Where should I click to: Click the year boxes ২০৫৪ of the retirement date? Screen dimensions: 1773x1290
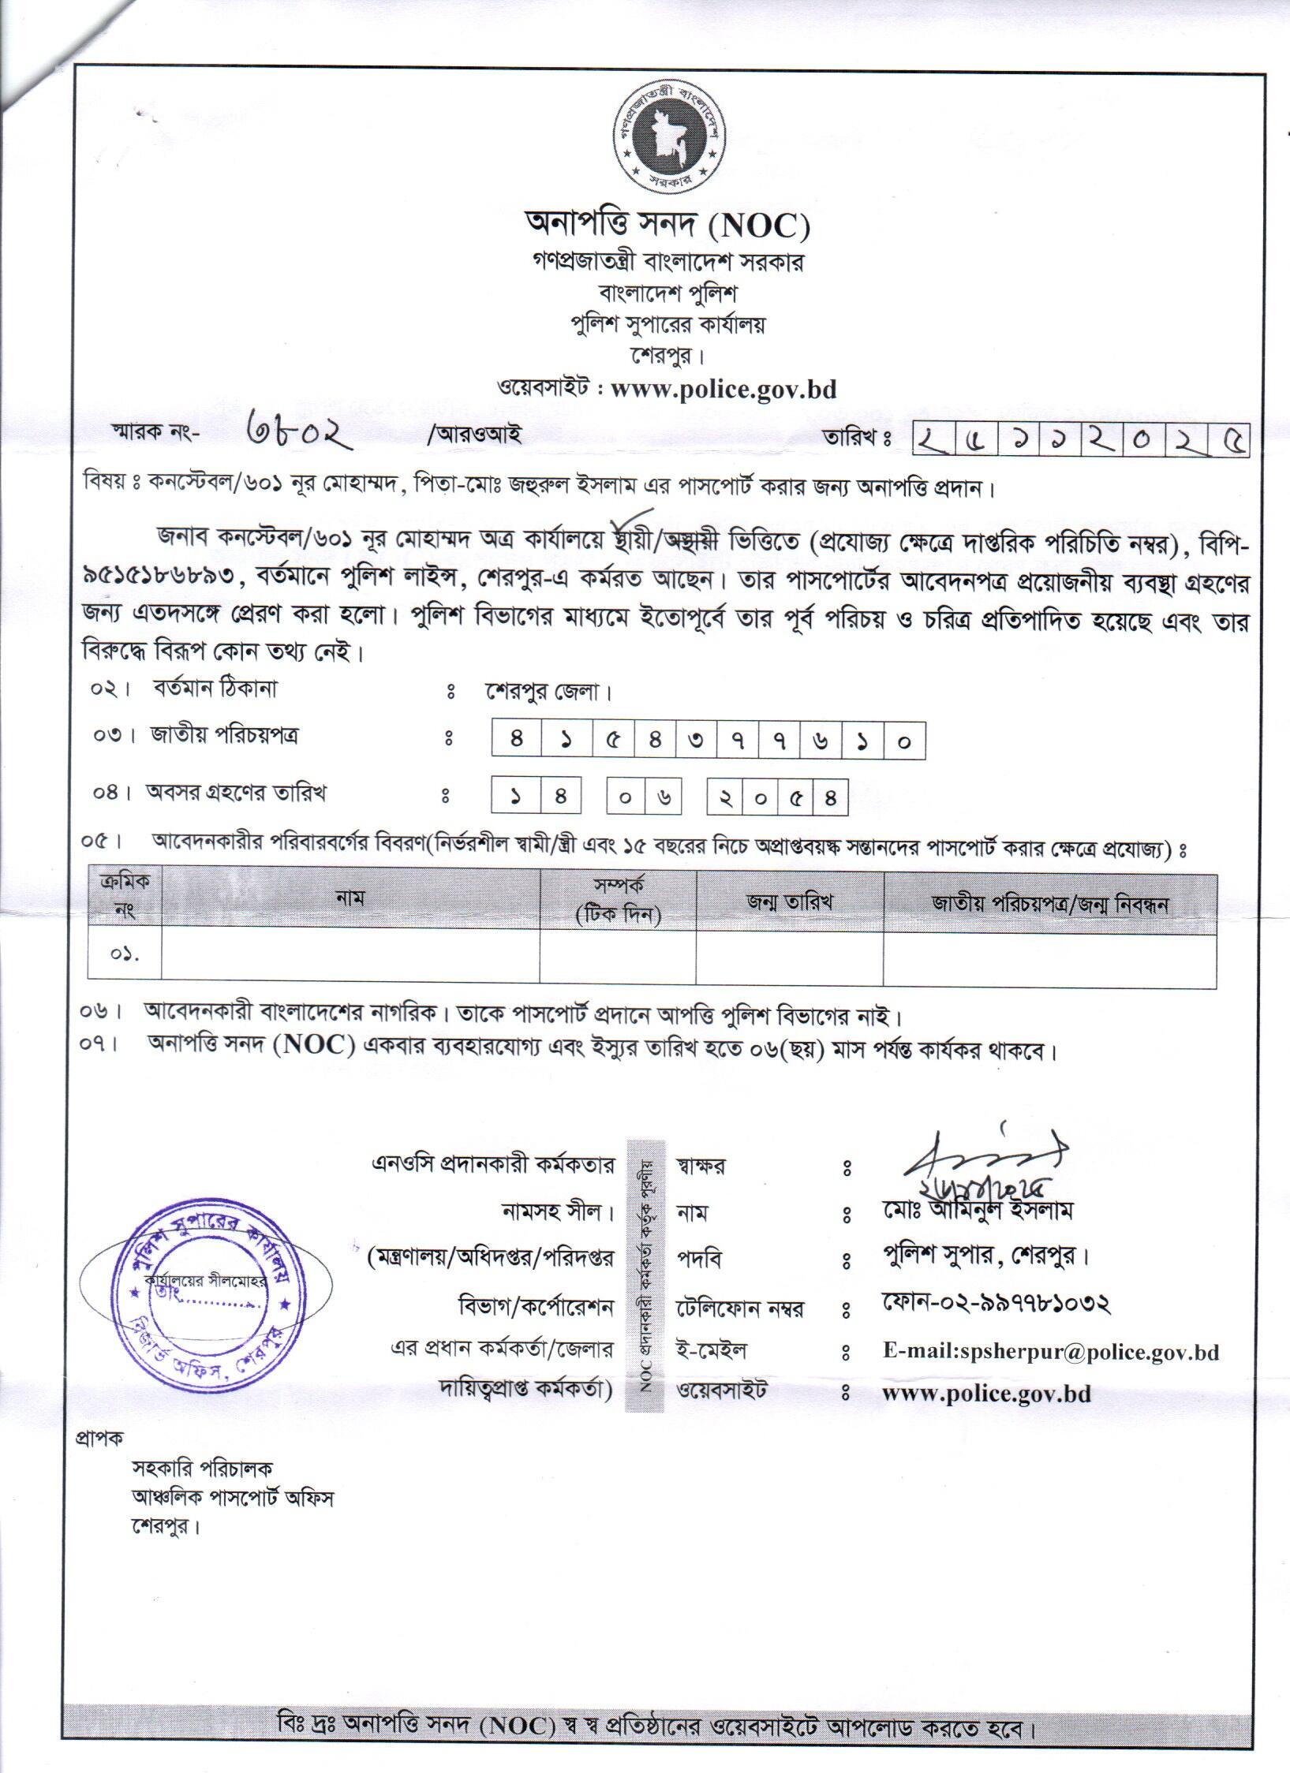click(x=777, y=796)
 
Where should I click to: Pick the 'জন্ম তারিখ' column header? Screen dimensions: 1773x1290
click(x=790, y=902)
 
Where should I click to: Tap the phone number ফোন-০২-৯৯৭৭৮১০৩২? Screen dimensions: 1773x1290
click(x=997, y=1305)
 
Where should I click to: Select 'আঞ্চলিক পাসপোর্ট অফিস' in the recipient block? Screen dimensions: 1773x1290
click(x=233, y=1499)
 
